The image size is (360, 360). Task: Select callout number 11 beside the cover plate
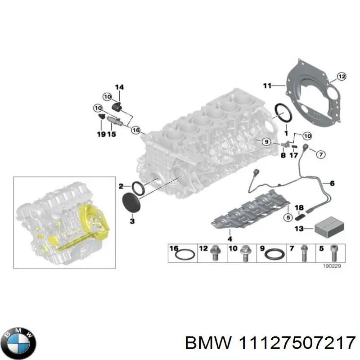point(267,85)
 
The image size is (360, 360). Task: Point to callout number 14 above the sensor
point(119,87)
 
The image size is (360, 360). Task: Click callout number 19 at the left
point(101,134)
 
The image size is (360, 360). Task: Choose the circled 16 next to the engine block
point(135,130)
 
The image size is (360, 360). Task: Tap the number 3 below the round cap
point(132,221)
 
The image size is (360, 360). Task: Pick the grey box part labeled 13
point(327,229)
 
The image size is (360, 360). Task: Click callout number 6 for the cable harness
point(332,183)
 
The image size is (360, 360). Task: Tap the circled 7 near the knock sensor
point(320,154)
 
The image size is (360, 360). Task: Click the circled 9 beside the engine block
point(266,142)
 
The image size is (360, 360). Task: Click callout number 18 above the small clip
point(299,207)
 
